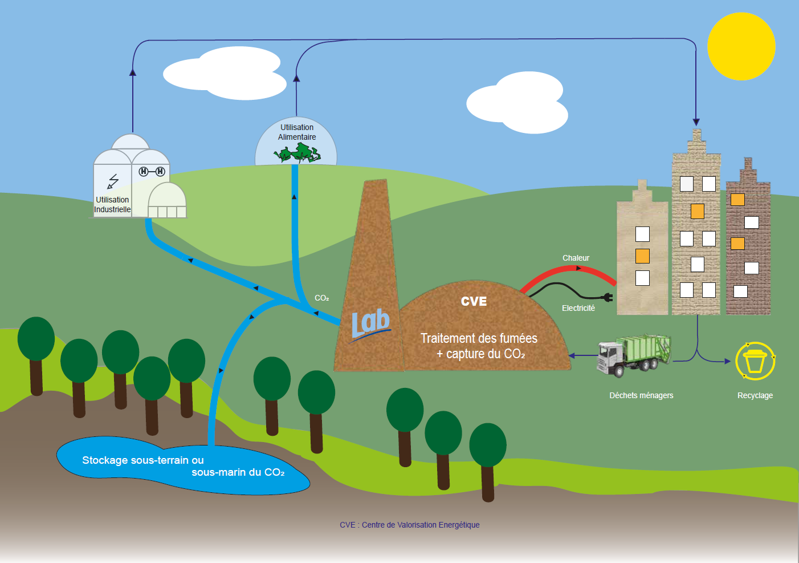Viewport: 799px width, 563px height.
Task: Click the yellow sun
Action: pos(741,46)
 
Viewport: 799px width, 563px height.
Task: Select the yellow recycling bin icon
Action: pos(755,361)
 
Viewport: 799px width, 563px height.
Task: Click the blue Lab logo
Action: pos(370,324)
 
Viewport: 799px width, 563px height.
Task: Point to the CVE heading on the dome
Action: pos(474,301)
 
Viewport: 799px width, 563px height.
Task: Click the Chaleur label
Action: pos(576,258)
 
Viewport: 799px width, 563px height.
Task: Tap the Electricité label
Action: pos(578,308)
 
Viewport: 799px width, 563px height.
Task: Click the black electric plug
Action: pos(608,297)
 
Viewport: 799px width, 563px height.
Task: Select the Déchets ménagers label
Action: pos(641,395)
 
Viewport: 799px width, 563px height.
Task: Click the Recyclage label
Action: pos(755,395)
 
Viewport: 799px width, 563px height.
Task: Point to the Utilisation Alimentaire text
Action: pos(297,132)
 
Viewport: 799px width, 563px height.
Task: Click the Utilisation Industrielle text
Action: pos(112,205)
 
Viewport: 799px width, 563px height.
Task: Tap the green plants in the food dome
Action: pos(297,153)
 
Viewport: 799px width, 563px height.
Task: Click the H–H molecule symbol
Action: pos(152,171)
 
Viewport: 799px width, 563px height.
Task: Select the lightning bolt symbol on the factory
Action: pos(113,181)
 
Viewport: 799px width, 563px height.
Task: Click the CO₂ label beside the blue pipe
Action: pos(321,298)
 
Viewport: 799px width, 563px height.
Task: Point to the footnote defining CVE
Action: pos(409,525)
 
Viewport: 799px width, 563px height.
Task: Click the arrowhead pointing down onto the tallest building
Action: pos(696,122)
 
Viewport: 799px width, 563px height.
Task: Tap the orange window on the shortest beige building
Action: pos(642,256)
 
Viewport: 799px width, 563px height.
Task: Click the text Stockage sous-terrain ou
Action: pos(142,460)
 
